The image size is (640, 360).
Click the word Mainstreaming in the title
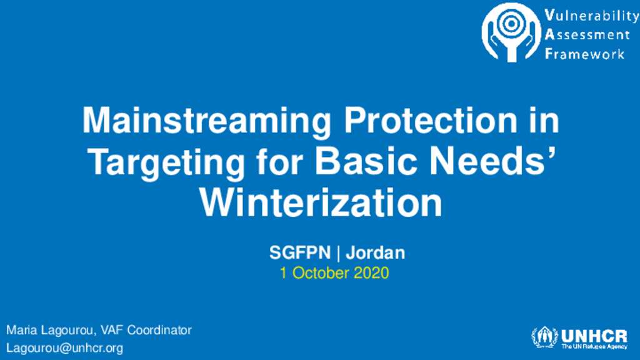tap(206, 121)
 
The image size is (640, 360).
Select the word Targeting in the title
tap(166, 163)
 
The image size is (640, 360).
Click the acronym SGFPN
tap(299, 252)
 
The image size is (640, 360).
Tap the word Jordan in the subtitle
tap(376, 252)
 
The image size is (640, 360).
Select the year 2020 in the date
tap(371, 273)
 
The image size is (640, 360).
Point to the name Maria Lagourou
tap(50, 331)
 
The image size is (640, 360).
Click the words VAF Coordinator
tap(146, 330)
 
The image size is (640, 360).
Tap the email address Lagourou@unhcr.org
tap(64, 348)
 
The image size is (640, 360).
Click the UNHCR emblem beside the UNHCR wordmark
tap(544, 337)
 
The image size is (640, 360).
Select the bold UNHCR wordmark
tap(594, 336)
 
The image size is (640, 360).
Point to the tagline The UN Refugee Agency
tap(594, 346)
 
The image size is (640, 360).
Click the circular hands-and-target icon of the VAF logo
tap(511, 32)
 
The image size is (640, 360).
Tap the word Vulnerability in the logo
tap(592, 16)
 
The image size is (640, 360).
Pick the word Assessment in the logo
tap(587, 35)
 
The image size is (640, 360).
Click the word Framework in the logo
tap(585, 54)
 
